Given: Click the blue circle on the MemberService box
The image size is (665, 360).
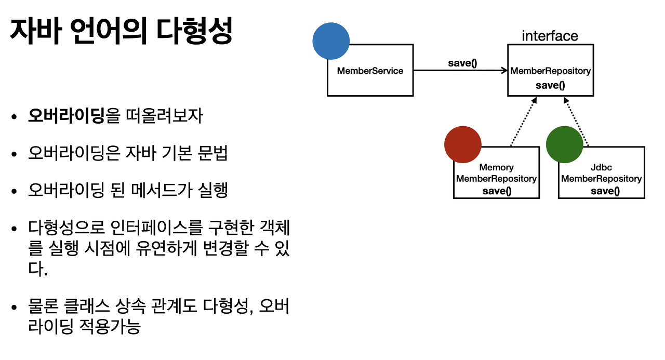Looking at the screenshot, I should click(331, 41).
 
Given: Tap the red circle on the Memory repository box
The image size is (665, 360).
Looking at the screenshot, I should click(463, 144).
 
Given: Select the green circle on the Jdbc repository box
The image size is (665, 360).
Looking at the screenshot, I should click(564, 144).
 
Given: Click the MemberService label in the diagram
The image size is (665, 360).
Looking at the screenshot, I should click(370, 71).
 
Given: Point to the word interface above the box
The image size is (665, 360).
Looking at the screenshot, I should click(550, 36).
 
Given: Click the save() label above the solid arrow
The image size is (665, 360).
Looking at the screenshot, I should click(462, 63).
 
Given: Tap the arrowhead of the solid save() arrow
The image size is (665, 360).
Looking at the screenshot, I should click(504, 71).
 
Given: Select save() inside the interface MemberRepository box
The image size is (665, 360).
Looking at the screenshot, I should click(550, 85).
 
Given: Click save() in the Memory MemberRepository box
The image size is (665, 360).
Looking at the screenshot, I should click(497, 191).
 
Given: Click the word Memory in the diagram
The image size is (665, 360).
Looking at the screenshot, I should click(496, 167).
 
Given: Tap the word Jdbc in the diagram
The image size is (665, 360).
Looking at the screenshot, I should click(602, 167).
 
